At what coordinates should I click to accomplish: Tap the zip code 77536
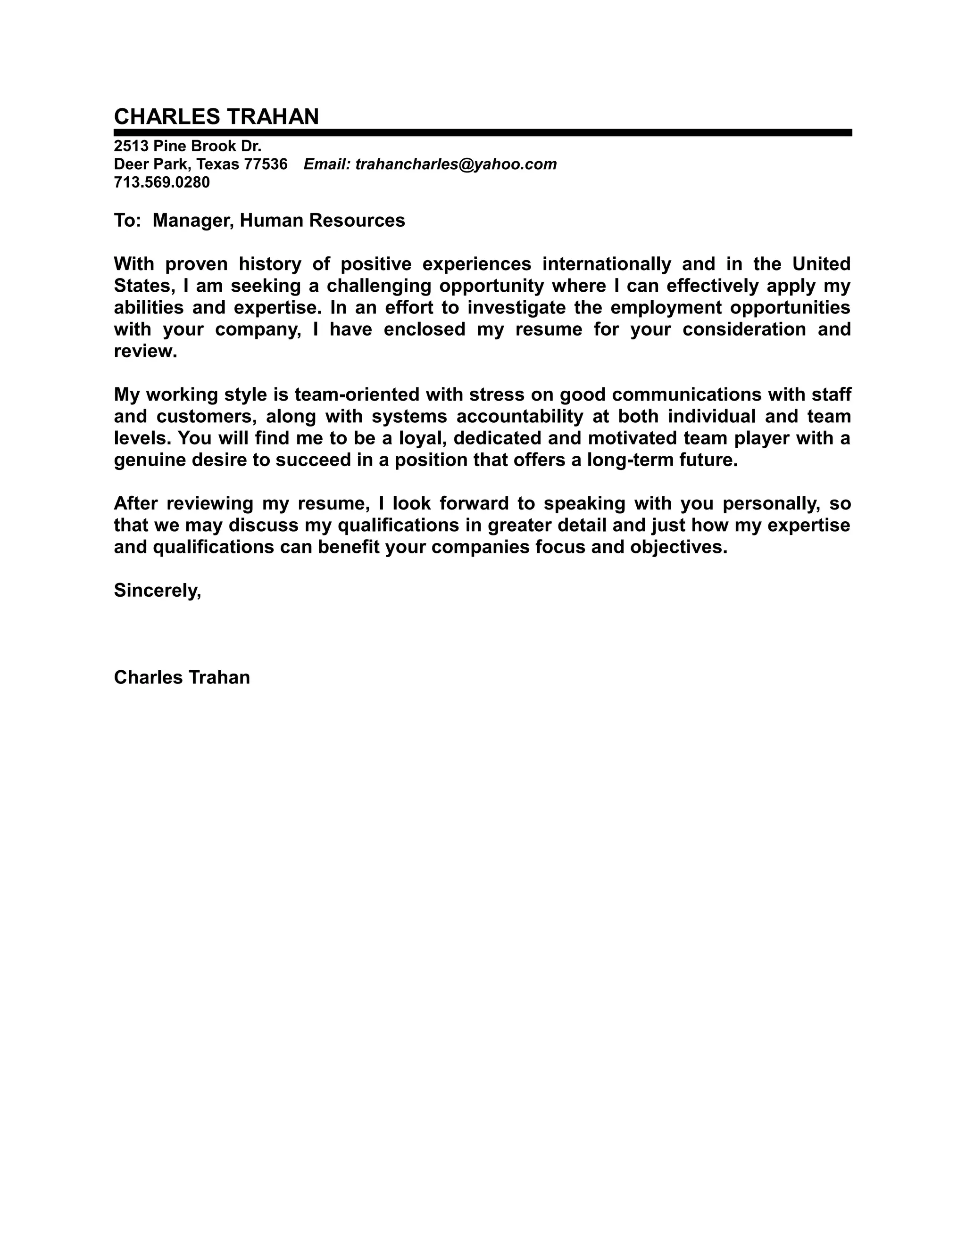[x=265, y=164]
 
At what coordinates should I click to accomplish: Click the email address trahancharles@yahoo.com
[x=456, y=164]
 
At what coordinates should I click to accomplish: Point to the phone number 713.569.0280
[x=162, y=182]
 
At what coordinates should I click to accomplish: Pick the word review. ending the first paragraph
[x=145, y=351]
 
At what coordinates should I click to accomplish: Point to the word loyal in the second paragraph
[x=422, y=438]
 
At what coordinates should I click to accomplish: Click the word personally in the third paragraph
[x=770, y=503]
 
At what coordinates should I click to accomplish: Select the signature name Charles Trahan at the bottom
[x=182, y=677]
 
